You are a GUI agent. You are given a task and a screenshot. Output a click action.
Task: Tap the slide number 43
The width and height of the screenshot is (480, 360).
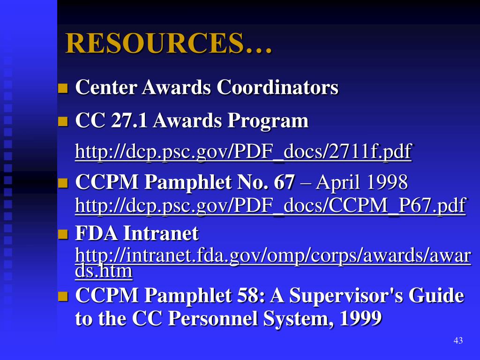coord(458,341)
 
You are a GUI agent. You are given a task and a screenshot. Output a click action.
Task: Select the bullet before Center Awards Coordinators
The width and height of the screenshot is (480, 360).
coord(63,88)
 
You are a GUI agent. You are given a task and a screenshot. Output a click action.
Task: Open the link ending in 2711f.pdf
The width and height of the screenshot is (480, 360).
coord(243,152)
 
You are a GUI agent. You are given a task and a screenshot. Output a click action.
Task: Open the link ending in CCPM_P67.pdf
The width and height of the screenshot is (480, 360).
coord(270,206)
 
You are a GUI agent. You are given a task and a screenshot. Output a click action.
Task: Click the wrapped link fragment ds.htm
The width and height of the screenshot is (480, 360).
coord(104,271)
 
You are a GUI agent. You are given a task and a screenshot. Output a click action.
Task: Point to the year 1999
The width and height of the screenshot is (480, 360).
coord(360,319)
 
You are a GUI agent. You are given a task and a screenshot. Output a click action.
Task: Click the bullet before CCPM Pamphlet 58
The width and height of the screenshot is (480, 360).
coord(63,297)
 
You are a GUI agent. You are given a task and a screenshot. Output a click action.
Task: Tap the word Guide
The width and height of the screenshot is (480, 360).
coord(436,296)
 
